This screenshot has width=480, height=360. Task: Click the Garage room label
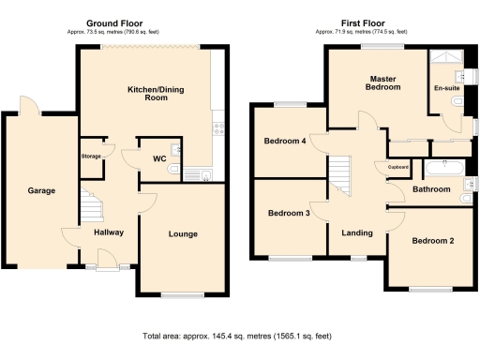point(41,190)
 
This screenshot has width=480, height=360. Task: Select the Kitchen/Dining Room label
point(147,93)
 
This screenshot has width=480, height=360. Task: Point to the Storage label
point(91,156)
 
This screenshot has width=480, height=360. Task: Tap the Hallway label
point(108,232)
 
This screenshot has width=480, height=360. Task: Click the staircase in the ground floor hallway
point(89,204)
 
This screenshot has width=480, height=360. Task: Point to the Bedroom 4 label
point(286,142)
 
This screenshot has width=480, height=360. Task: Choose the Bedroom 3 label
point(288,213)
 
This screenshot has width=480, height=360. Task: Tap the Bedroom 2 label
point(432,241)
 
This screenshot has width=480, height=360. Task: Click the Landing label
point(356,232)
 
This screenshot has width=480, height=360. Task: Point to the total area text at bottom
point(239,335)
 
